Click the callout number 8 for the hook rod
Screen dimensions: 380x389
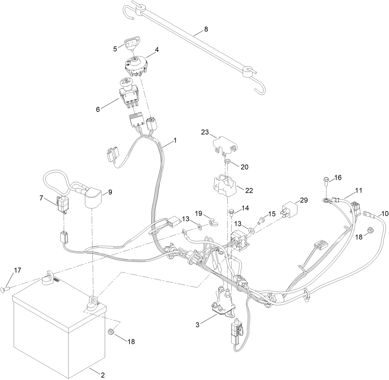click(206, 29)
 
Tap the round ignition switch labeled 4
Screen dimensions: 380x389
click(136, 66)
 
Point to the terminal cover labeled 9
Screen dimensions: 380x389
click(93, 198)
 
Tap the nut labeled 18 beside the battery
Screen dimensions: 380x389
click(110, 332)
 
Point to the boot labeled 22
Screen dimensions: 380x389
click(224, 186)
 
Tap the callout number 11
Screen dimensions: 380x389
click(358, 191)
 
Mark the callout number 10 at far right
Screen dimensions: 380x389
click(385, 214)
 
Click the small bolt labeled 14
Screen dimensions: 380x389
click(231, 212)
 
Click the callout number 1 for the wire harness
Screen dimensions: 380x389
click(175, 140)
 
